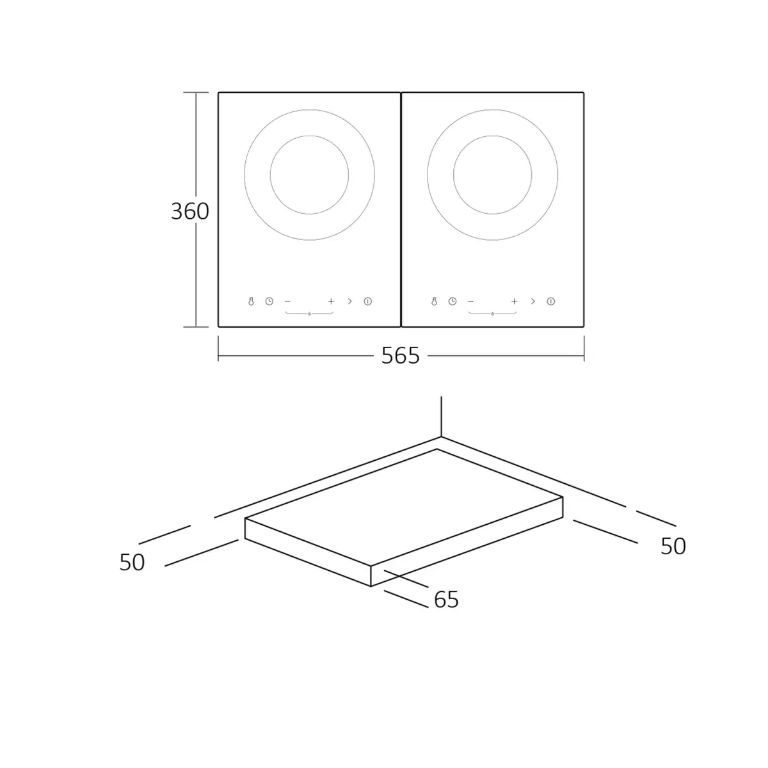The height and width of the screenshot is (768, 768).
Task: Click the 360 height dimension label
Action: tap(189, 211)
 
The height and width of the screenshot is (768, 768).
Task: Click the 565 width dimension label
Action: tap(401, 355)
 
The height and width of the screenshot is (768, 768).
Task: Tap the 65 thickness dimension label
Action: tap(446, 599)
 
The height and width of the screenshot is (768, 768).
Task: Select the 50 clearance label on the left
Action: tap(132, 563)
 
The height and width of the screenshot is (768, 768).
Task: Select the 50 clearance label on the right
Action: tap(673, 546)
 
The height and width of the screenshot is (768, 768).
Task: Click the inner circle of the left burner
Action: tap(309, 136)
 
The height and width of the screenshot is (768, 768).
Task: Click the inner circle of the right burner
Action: tap(493, 136)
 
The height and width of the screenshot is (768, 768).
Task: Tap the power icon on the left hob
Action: tap(368, 301)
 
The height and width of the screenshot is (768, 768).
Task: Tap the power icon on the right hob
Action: tap(551, 301)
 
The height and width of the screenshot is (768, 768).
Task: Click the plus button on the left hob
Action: tap(331, 301)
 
